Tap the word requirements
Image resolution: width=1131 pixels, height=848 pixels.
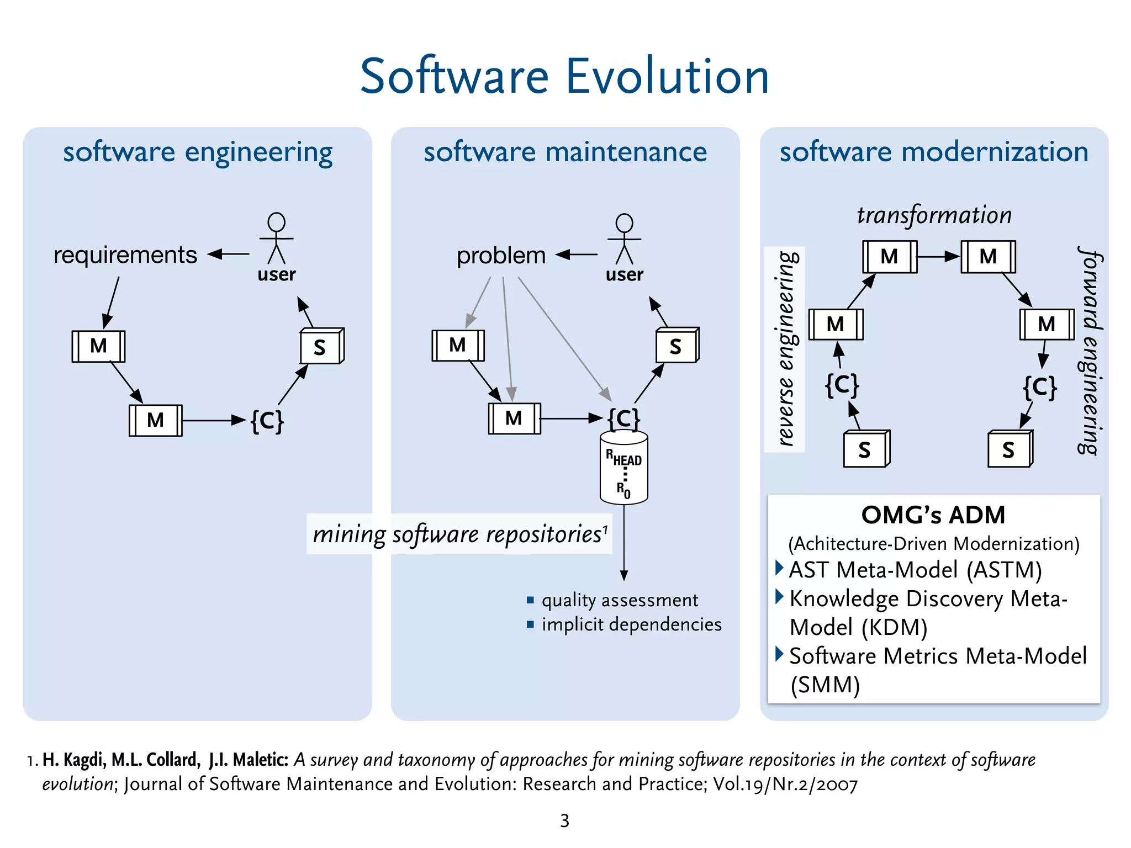coord(125,255)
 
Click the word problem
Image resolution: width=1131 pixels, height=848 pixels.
coord(501,256)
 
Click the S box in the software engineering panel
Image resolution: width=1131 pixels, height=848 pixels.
coord(321,347)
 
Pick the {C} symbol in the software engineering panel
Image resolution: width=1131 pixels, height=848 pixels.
coord(267,421)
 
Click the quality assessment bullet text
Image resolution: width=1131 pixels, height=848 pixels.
coord(620,600)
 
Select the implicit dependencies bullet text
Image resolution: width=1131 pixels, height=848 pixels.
coord(631,624)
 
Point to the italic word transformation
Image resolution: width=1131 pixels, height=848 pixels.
coord(934,215)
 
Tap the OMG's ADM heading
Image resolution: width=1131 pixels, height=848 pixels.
coord(933,515)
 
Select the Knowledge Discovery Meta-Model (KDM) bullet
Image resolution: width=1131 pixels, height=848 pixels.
coord(928,613)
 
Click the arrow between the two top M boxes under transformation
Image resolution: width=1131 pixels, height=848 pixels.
coord(939,257)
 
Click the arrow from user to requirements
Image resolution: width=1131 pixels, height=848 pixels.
coord(229,255)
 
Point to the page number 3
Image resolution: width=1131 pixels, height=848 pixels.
coord(564,820)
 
